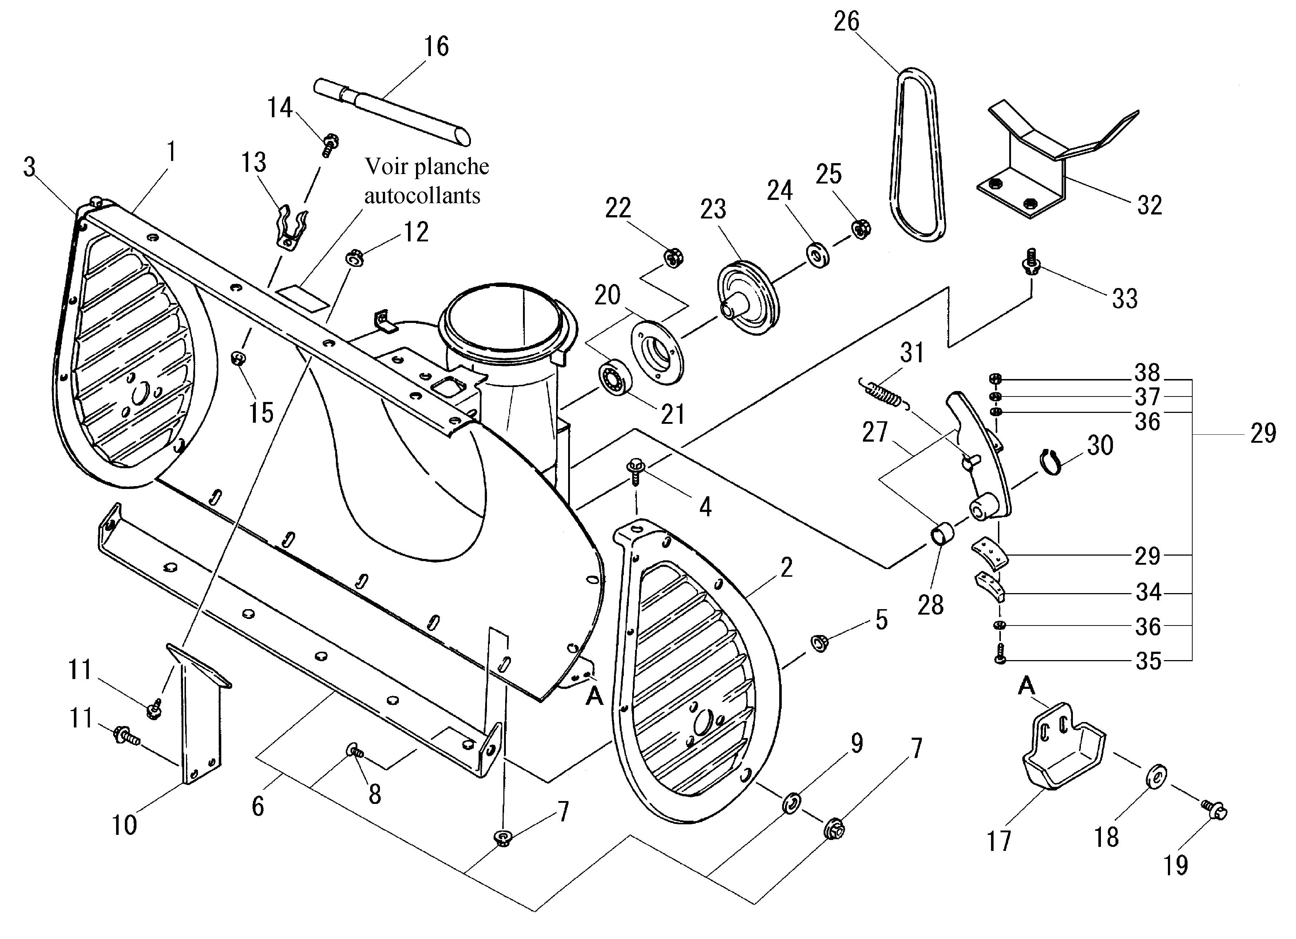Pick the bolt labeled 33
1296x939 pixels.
[1031, 261]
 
